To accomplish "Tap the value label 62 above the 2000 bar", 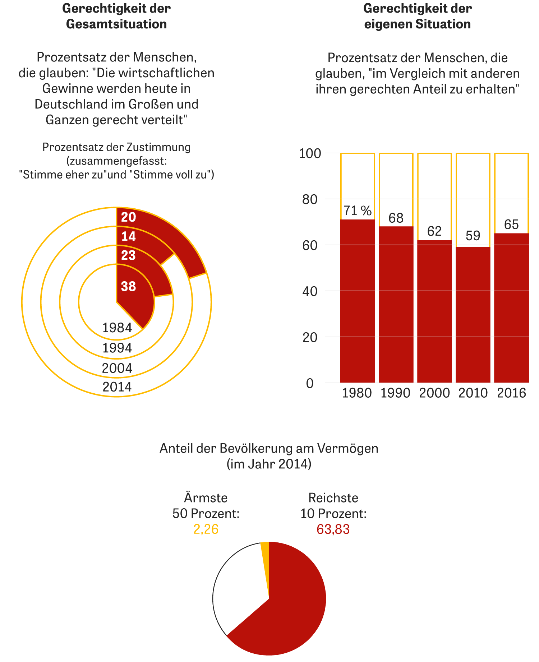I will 434,231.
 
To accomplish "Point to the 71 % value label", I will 358,211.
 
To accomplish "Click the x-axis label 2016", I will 511,393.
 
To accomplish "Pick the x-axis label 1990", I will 395,393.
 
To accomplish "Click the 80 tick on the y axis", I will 310,199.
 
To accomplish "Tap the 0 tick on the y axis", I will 310,383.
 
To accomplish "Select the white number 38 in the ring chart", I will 128,287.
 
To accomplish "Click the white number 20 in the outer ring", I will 128,217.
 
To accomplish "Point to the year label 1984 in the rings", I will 117,328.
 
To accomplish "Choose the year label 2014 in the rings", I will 117,387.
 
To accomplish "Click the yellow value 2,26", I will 206,529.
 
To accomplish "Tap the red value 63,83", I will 333,529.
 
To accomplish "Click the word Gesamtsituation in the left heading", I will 116,24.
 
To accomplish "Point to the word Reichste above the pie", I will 333,498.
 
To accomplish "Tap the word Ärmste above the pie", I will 206,498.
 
